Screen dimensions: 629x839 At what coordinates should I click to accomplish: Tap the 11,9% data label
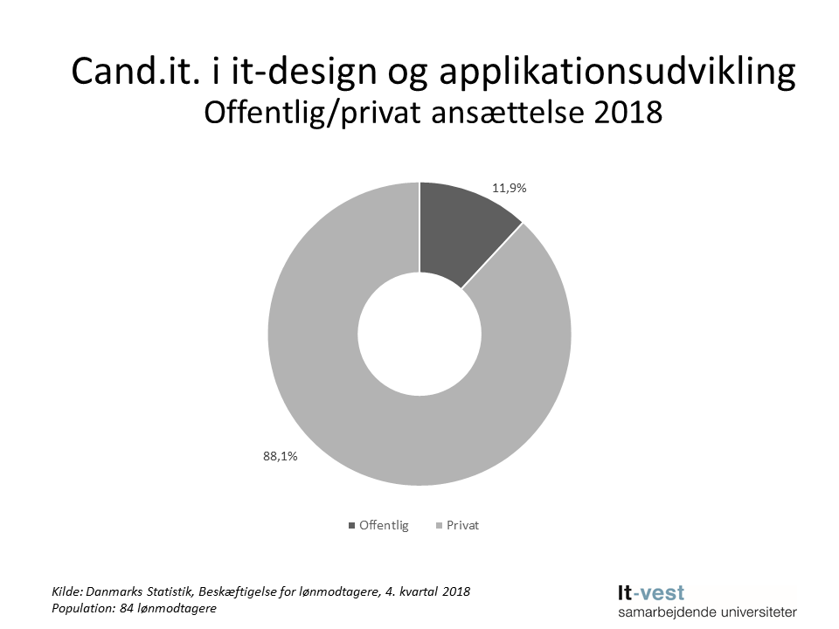[x=510, y=188]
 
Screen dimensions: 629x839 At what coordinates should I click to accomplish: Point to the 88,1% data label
[x=279, y=455]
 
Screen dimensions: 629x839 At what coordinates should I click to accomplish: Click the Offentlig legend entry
[x=384, y=526]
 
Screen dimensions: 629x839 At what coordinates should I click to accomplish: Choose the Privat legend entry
[x=462, y=526]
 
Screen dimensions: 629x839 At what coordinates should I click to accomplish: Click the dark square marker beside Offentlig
[x=352, y=526]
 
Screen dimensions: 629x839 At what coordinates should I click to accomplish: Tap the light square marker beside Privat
[x=439, y=526]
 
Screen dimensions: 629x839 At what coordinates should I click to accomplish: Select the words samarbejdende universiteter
[x=706, y=612]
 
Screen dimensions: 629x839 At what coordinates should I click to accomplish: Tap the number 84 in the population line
[x=122, y=608]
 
